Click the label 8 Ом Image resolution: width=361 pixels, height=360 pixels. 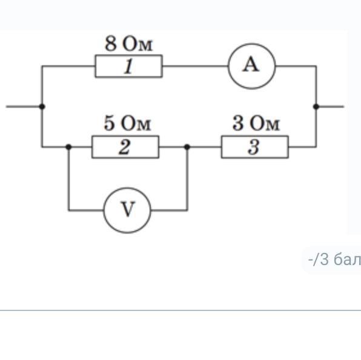(x=128, y=44)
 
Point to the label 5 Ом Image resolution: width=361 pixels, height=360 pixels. (x=127, y=123)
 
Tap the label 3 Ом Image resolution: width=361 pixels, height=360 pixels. (x=256, y=123)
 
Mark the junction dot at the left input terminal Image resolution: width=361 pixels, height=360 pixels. (x=42, y=106)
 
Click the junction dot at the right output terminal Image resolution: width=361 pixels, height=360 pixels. (x=316, y=106)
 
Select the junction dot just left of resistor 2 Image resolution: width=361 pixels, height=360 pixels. (x=68, y=147)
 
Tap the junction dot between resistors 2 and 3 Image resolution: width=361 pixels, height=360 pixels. (x=187, y=147)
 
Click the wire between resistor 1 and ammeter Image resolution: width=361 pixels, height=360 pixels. (x=195, y=66)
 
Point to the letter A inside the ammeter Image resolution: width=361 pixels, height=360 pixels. (x=251, y=65)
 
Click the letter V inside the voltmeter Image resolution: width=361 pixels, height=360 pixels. (x=128, y=209)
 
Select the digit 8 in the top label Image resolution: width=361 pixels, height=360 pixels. (x=110, y=44)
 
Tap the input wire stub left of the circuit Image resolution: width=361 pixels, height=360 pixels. (x=24, y=106)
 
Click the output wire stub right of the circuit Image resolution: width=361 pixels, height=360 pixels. (x=330, y=106)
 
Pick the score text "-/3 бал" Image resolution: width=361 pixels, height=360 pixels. (x=334, y=260)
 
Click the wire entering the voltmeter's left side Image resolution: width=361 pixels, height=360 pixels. (x=86, y=210)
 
